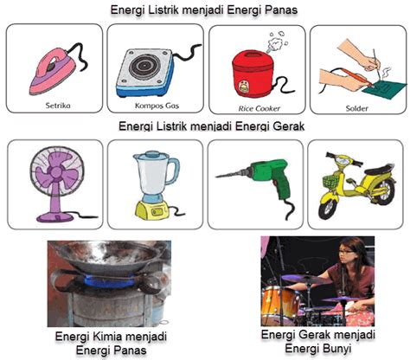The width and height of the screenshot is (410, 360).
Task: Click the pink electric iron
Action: [52, 72]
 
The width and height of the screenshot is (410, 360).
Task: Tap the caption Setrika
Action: [58, 106]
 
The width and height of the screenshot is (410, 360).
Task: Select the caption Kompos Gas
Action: [157, 106]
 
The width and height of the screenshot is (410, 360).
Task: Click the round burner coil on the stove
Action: [144, 66]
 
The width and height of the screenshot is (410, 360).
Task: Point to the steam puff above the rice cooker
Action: [276, 42]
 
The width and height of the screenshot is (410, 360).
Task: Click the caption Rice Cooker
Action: [259, 109]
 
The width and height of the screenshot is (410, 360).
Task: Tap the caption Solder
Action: [357, 109]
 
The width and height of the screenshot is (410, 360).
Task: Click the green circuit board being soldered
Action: [382, 88]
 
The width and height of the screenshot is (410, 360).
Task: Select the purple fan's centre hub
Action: [56, 172]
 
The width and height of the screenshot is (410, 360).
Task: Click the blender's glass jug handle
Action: [174, 171]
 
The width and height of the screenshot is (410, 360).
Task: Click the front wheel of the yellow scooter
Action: [328, 209]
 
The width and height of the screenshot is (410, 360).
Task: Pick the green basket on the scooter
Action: [330, 181]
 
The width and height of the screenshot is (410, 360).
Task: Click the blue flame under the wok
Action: [109, 280]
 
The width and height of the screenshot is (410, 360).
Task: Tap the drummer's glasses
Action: [345, 252]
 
